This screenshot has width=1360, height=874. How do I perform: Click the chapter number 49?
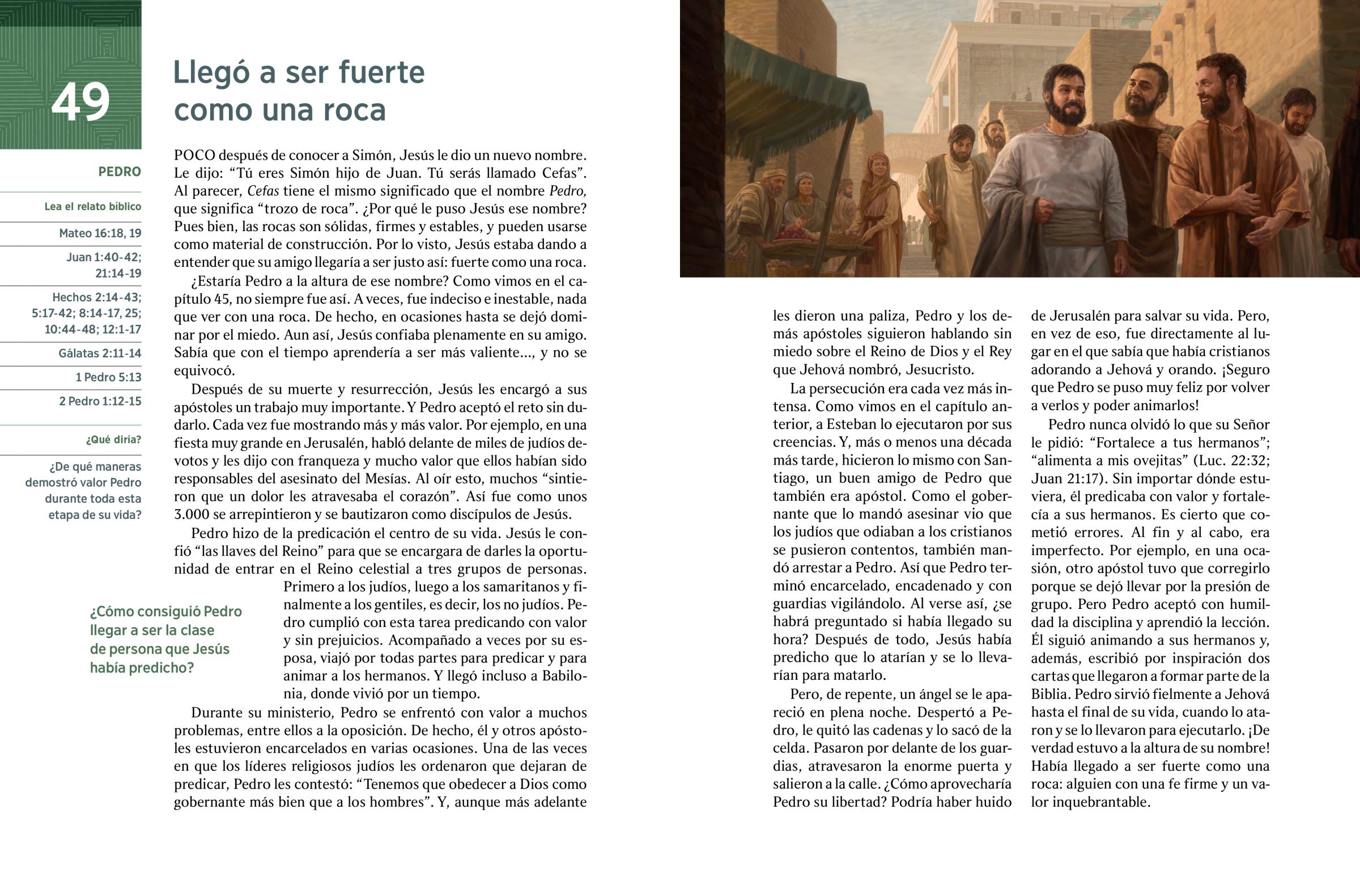[x=80, y=101]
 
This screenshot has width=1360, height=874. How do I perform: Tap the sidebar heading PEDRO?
[x=119, y=172]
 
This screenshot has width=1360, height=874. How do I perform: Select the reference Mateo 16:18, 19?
[x=100, y=233]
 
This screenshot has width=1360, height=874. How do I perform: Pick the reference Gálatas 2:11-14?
[x=99, y=353]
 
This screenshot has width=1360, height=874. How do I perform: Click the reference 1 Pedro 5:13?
[x=108, y=377]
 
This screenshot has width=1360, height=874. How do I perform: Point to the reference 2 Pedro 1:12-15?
[x=100, y=400]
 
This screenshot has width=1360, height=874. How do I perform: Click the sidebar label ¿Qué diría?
[x=113, y=440]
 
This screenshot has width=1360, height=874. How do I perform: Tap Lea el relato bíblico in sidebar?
[x=92, y=207]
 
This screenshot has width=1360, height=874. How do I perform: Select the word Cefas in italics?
[x=263, y=191]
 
